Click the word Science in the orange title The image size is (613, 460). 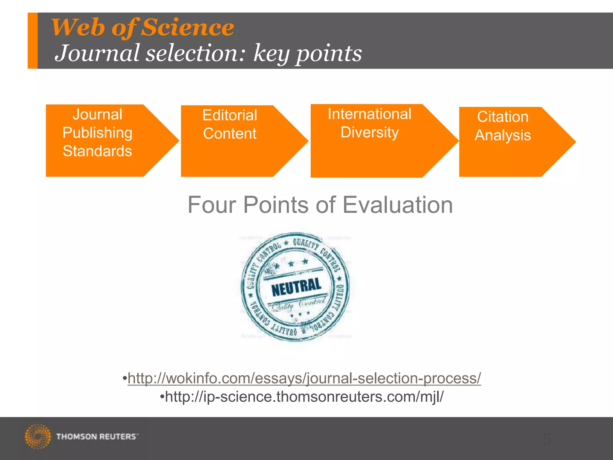(187, 27)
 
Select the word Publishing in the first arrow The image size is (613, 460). (97, 133)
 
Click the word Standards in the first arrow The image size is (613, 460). (97, 151)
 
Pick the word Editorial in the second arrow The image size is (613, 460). (230, 115)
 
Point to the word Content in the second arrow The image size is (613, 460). (230, 134)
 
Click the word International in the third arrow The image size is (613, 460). (369, 114)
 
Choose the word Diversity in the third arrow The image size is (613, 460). (369, 132)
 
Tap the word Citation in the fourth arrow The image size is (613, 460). (503, 117)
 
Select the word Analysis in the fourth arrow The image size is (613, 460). (503, 135)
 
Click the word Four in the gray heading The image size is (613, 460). (213, 205)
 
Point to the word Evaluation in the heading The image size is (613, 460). (397, 205)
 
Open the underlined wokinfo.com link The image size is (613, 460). (304, 378)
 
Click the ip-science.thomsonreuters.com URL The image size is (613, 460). (304, 397)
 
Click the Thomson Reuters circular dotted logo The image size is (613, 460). (38, 436)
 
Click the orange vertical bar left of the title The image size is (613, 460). (33, 41)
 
